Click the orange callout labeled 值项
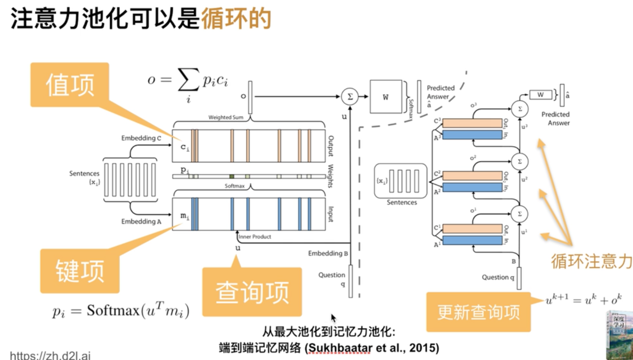pyautogui.click(x=70, y=85)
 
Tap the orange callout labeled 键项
pyautogui.click(x=80, y=271)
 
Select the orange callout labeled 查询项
pyautogui.click(x=252, y=292)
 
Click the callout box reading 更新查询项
pyautogui.click(x=478, y=312)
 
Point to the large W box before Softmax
pyautogui.click(x=385, y=97)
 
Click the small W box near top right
pyautogui.click(x=540, y=95)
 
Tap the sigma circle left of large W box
pyautogui.click(x=350, y=96)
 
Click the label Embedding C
pyautogui.click(x=141, y=138)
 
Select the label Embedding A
pyautogui.click(x=141, y=221)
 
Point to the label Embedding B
pyautogui.click(x=328, y=253)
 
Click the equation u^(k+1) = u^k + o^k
pyautogui.click(x=583, y=299)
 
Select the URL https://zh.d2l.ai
pyautogui.click(x=50, y=355)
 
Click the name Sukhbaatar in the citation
pyautogui.click(x=339, y=348)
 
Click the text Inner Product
pyautogui.click(x=255, y=237)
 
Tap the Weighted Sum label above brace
pyautogui.click(x=226, y=117)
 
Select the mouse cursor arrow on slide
pyautogui.click(x=333, y=318)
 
